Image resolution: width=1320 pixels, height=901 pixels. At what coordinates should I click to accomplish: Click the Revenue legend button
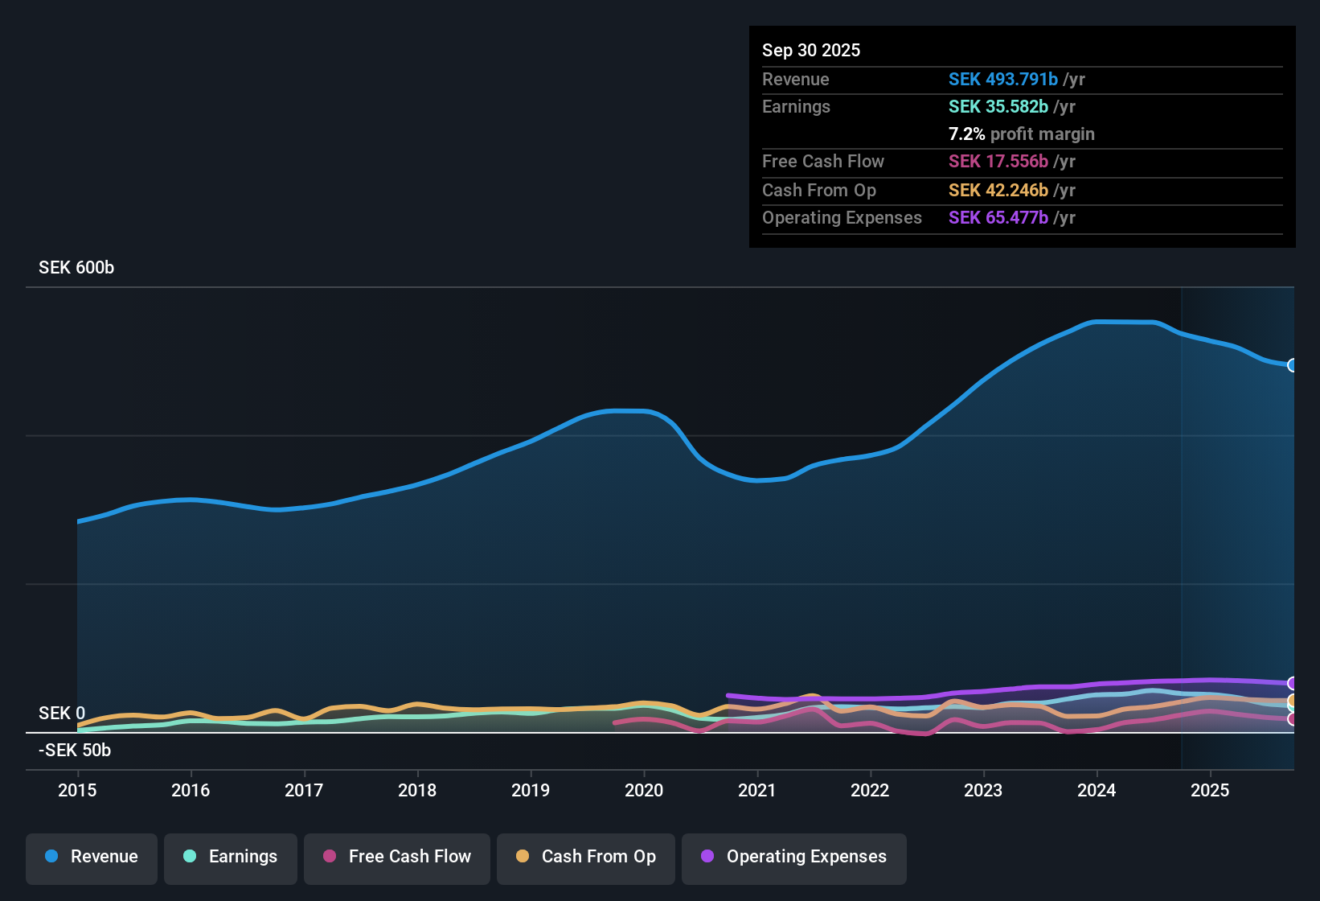click(92, 857)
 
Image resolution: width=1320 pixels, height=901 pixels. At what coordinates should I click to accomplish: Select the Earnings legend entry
click(231, 857)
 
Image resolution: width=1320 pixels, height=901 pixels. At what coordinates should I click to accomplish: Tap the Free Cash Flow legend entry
click(397, 857)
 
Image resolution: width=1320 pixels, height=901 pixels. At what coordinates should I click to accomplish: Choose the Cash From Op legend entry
click(586, 857)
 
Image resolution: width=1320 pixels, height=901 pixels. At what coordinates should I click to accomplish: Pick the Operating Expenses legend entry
click(794, 857)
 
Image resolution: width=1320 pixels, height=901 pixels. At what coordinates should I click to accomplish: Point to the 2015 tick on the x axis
click(77, 790)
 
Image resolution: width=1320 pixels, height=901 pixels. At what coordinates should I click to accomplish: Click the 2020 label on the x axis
click(644, 790)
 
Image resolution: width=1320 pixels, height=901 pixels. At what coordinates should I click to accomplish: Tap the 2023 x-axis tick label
click(983, 790)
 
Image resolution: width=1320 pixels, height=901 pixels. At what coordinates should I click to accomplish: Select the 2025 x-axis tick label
click(1210, 790)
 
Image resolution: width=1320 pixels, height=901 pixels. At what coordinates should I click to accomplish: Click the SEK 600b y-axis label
click(76, 268)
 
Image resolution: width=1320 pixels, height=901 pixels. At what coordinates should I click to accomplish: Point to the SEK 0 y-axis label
click(62, 714)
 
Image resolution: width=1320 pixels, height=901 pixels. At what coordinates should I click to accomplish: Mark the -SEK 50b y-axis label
click(75, 751)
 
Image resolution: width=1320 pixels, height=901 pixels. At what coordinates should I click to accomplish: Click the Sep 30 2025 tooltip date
click(811, 50)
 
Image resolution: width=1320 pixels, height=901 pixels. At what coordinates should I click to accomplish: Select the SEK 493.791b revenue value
click(1002, 79)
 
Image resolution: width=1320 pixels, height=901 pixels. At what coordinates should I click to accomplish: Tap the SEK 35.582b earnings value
click(998, 106)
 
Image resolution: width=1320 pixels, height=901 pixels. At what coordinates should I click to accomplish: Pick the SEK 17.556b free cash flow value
click(998, 161)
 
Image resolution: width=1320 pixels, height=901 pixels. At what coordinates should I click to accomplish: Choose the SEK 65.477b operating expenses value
click(998, 217)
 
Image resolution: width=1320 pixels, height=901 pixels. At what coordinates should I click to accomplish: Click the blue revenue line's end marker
click(1293, 365)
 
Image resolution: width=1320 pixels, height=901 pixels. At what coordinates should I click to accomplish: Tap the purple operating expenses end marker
click(1293, 684)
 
